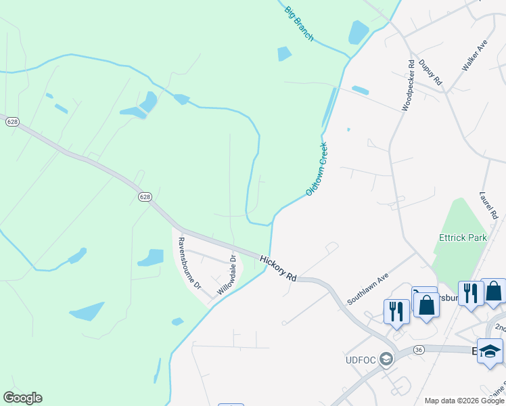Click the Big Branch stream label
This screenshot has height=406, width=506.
[299, 24]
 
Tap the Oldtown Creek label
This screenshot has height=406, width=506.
[317, 169]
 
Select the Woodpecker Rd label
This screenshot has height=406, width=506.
[408, 85]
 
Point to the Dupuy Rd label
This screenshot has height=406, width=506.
[430, 72]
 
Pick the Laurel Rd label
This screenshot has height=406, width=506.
[490, 205]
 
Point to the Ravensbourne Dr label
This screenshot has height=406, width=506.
[189, 263]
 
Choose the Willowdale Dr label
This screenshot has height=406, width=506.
[227, 275]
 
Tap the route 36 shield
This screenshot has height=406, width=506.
[419, 349]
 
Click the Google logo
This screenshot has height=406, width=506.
[22, 398]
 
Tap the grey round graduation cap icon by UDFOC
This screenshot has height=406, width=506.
[386, 359]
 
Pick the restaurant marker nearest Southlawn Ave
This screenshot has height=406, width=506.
[396, 311]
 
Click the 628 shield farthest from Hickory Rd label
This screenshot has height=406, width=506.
[12, 122]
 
